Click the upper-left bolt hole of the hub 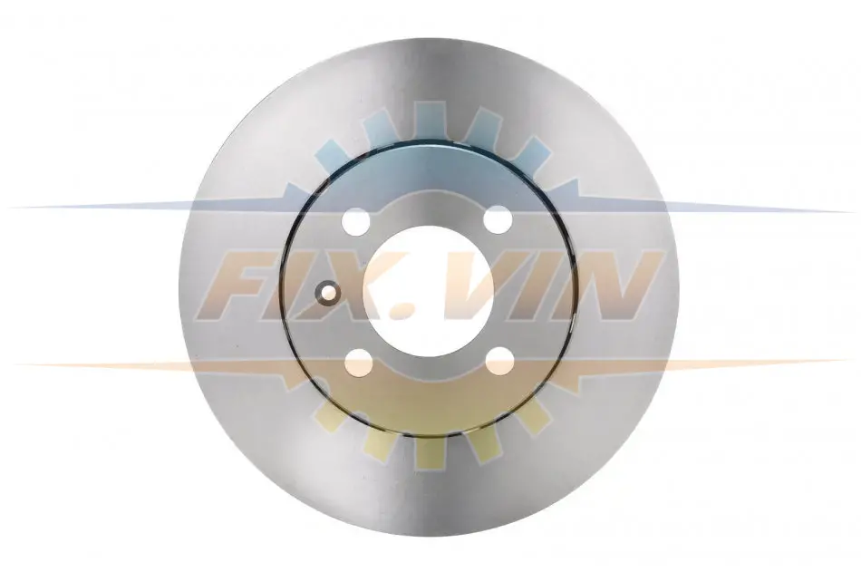click(355, 221)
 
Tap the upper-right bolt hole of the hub click(498, 218)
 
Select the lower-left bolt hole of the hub click(359, 363)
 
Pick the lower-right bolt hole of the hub click(499, 361)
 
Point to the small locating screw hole click(329, 291)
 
